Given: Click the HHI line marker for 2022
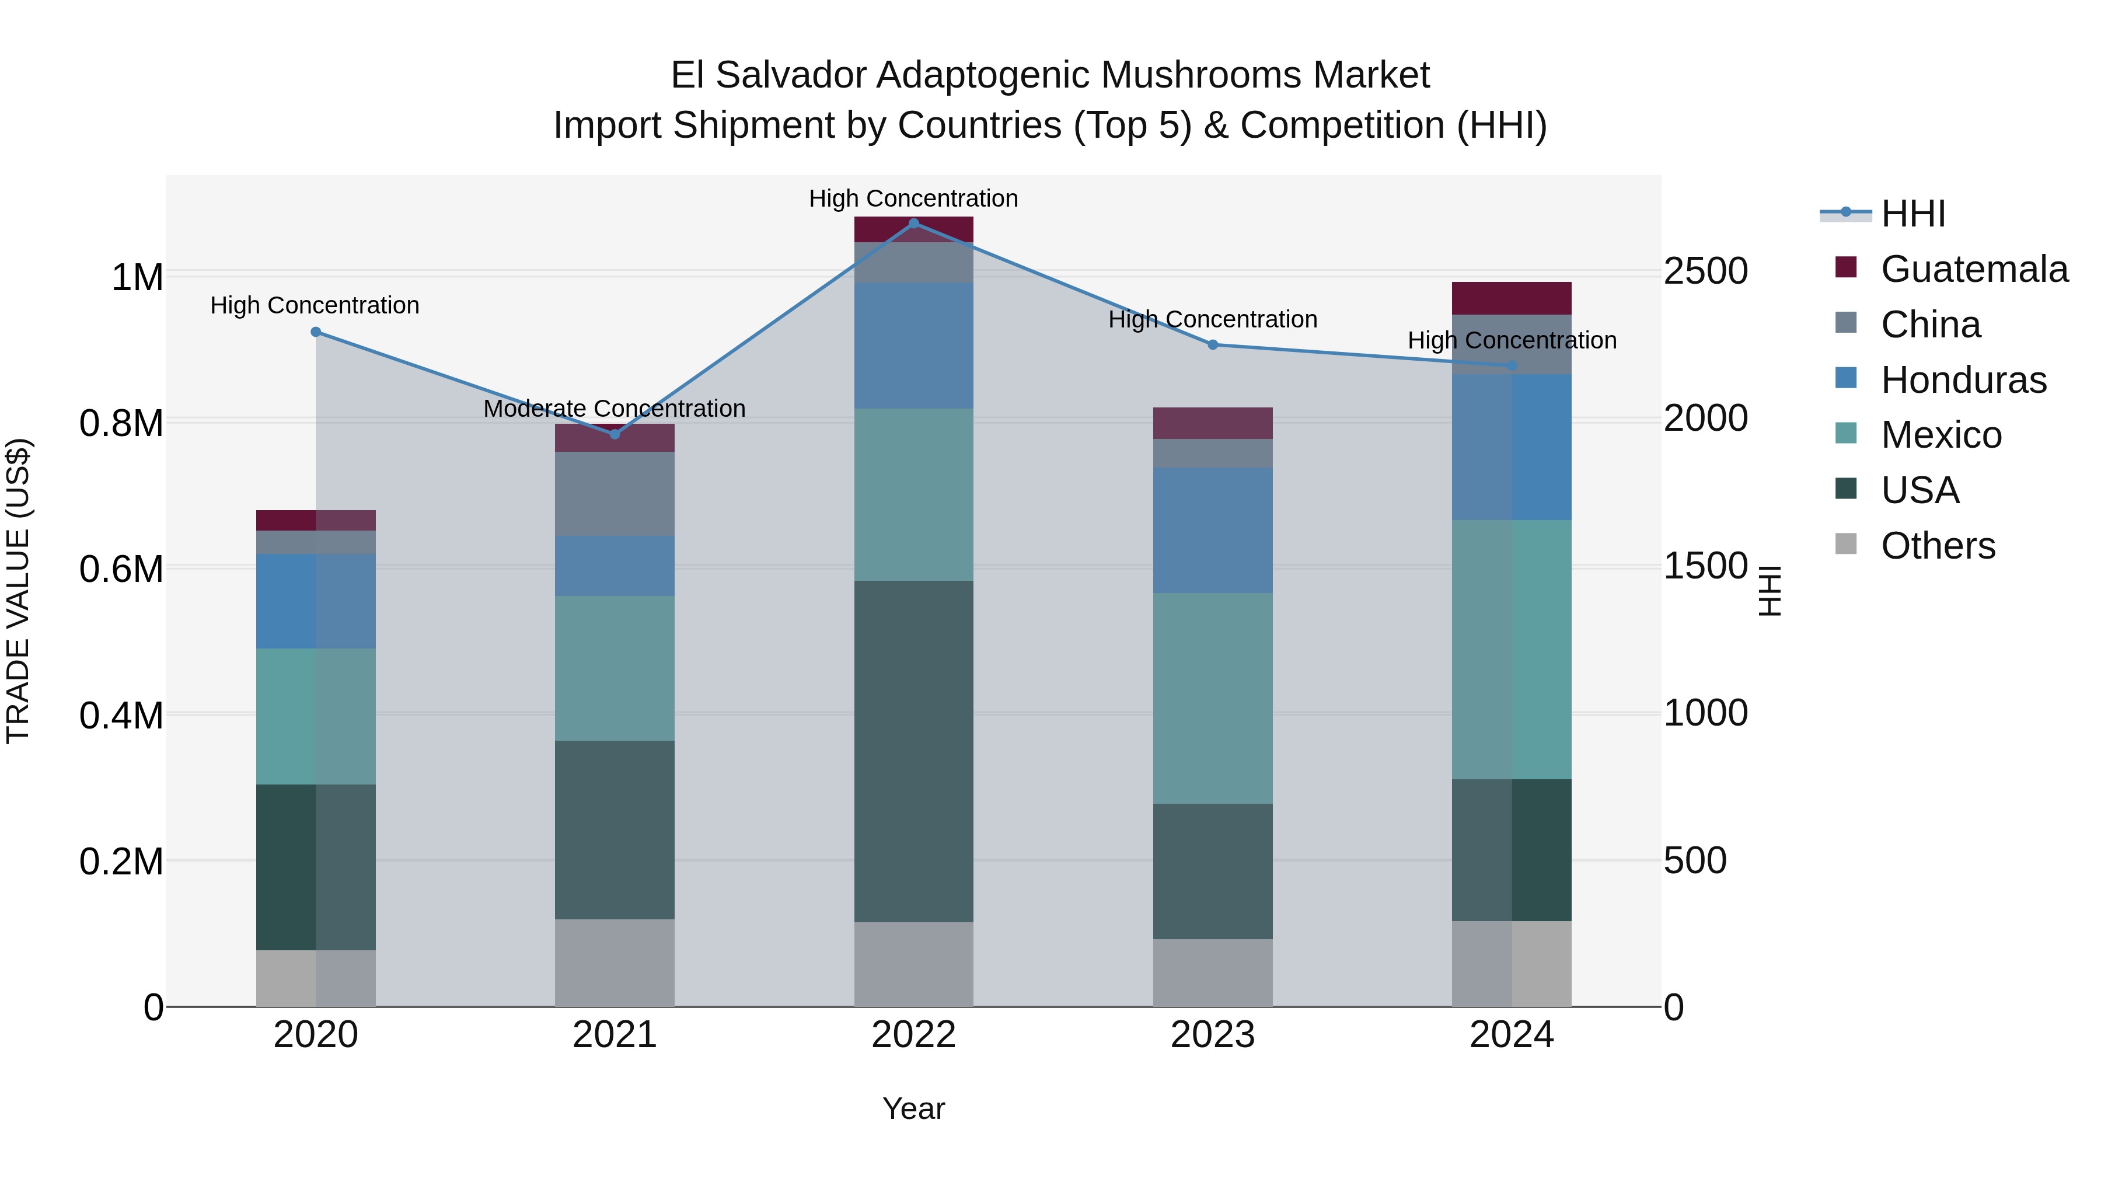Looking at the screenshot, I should [x=913, y=223].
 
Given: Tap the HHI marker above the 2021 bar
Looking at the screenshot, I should [x=615, y=434].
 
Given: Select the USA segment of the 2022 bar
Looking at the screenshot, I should [x=913, y=751].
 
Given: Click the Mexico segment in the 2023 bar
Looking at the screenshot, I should [x=1213, y=698].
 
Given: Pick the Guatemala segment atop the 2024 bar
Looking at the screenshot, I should [x=1512, y=298].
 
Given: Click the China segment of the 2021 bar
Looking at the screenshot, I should [x=615, y=493].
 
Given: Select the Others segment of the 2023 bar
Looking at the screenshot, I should [x=1213, y=972].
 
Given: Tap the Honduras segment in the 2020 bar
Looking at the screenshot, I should [x=316, y=601].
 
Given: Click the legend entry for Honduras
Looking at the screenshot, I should [x=1963, y=380].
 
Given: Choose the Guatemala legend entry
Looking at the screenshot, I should [x=1974, y=269].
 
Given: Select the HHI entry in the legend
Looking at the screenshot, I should [x=1912, y=214].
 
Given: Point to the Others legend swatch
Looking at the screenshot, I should [x=1846, y=544].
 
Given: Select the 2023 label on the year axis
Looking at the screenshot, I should [x=1213, y=1035].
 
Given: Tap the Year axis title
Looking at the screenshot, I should [x=913, y=1108].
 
